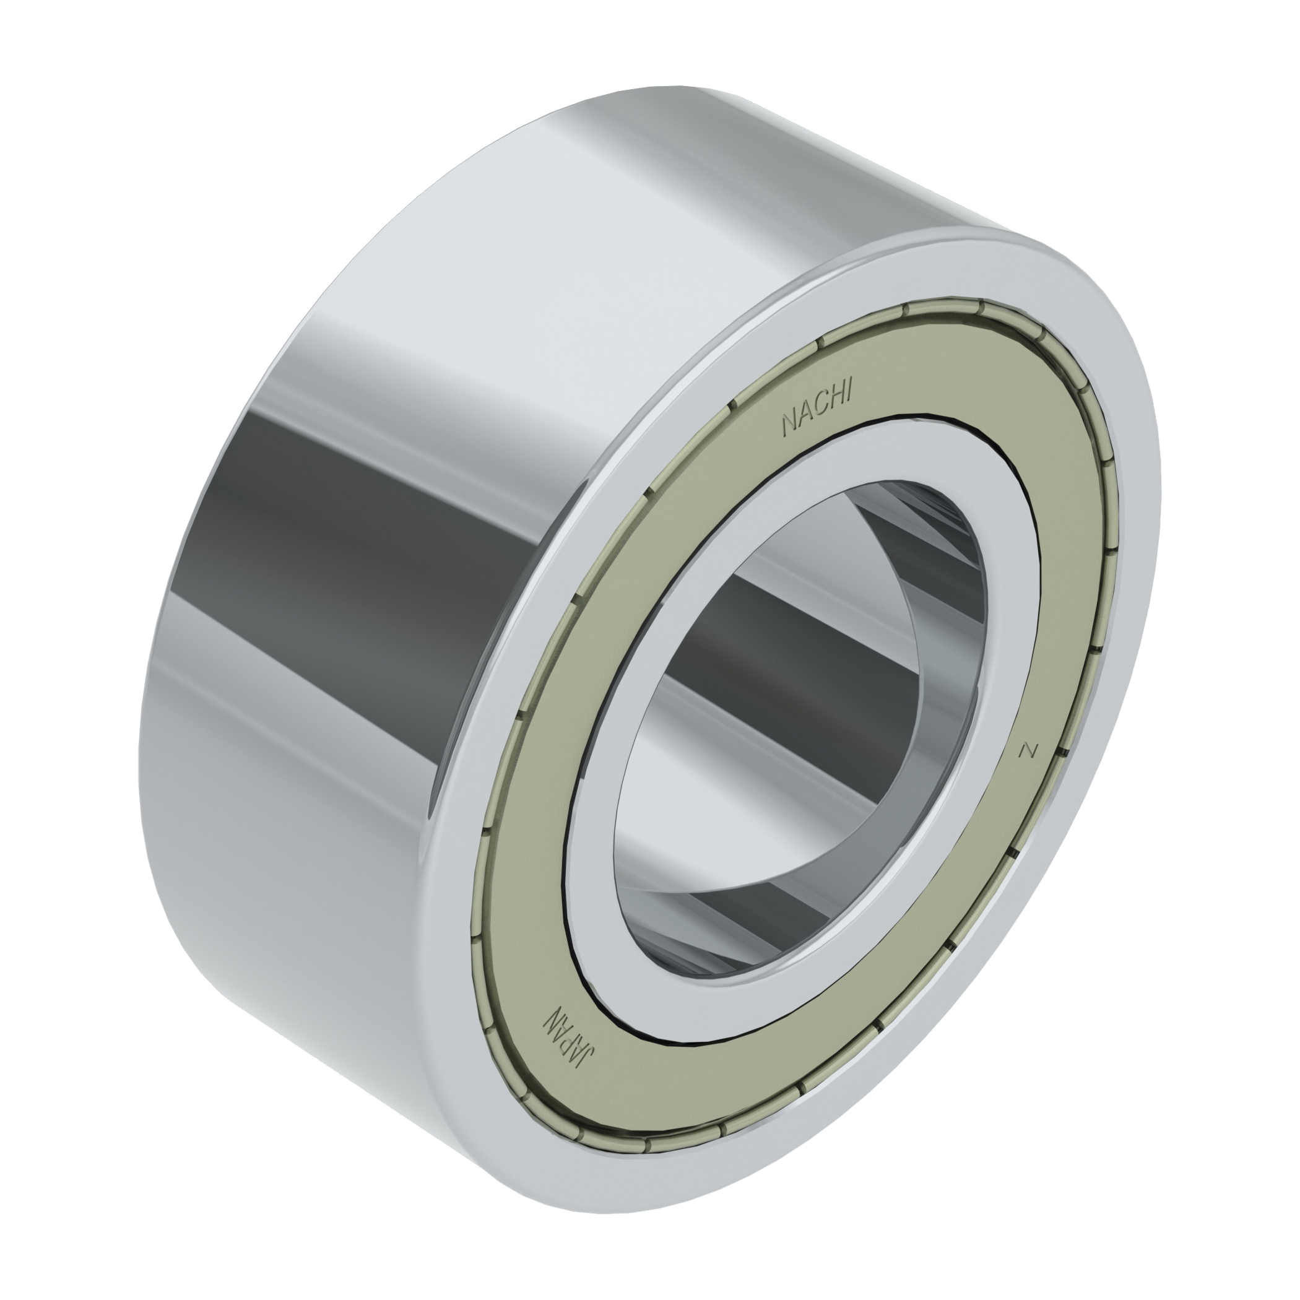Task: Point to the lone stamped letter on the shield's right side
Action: click(x=1026, y=750)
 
